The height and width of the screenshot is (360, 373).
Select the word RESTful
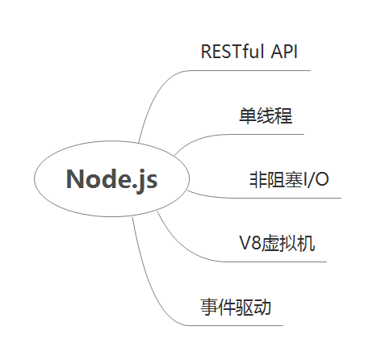233,51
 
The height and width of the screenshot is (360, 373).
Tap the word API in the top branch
284,51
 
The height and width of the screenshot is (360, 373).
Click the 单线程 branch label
266,115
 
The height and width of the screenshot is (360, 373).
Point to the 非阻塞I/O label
289,179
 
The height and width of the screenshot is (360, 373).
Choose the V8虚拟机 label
277,243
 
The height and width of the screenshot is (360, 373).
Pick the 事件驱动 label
236,307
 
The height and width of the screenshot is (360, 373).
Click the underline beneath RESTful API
250,71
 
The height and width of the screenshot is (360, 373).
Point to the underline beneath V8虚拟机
275,262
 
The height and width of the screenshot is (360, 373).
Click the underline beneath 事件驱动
235,325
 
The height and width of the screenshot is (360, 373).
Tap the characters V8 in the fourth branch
250,243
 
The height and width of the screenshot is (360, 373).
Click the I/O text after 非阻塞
316,179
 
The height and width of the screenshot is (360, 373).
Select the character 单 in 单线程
248,115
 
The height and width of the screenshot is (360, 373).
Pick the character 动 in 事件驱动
262,307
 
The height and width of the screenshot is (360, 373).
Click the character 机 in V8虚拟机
306,243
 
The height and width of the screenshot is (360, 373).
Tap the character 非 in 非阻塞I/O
258,179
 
